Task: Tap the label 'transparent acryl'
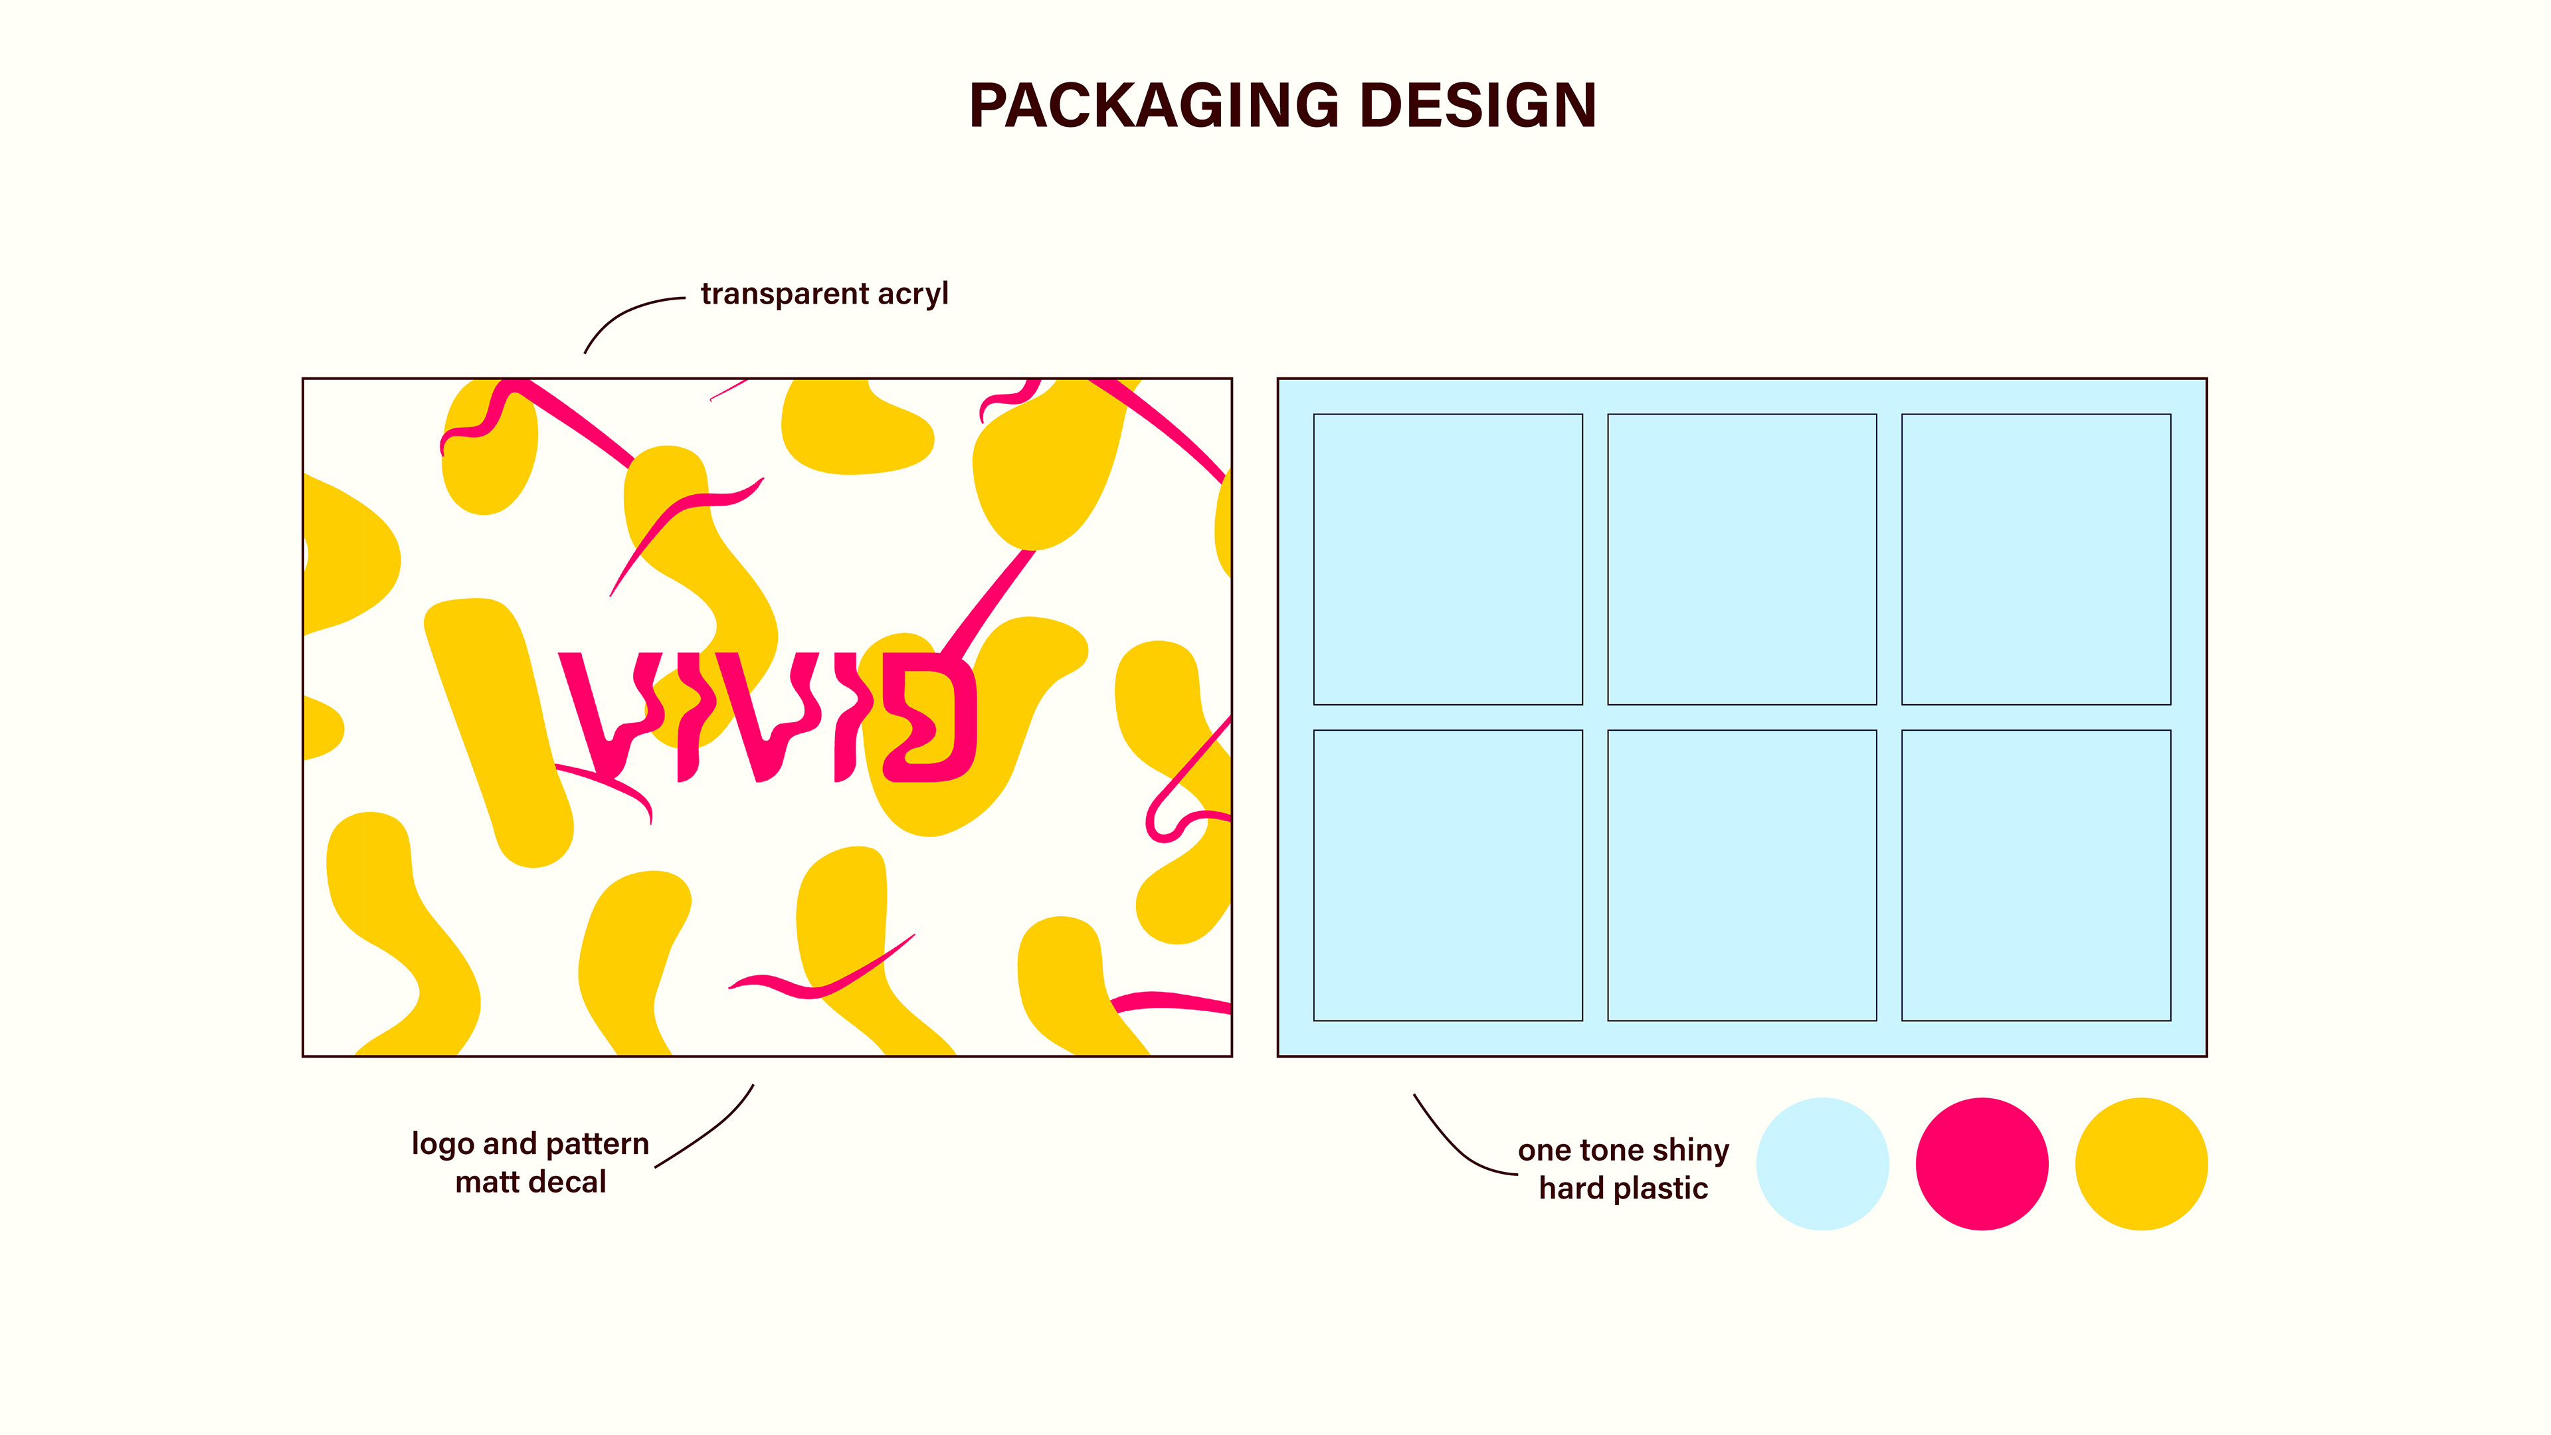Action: (824, 294)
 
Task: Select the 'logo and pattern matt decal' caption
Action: (530, 1163)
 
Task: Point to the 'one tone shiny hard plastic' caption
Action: (1623, 1169)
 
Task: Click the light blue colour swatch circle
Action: (1822, 1164)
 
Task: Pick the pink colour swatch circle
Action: (1982, 1164)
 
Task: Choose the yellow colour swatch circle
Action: (2141, 1164)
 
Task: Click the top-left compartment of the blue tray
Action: (1448, 559)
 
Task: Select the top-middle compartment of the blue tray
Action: (1742, 559)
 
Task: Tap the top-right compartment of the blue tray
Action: (2036, 559)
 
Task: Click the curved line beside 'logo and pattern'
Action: (711, 1129)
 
